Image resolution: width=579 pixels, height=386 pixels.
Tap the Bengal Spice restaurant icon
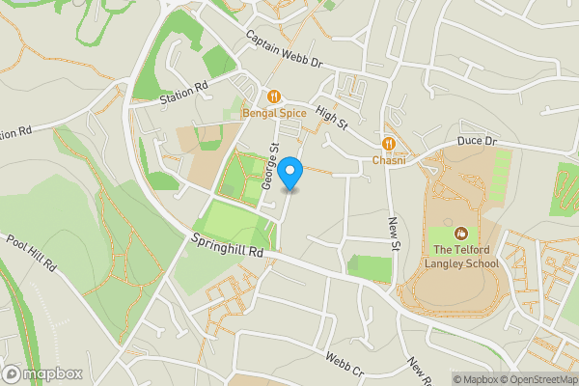[274, 96]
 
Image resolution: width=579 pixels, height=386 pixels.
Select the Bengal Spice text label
[274, 115]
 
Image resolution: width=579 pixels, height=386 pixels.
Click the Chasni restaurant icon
[390, 143]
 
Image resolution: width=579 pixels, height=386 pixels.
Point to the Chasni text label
[390, 160]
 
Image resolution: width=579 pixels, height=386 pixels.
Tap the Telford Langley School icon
[461, 233]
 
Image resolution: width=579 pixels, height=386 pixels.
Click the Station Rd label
[184, 93]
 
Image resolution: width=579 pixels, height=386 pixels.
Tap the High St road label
[330, 120]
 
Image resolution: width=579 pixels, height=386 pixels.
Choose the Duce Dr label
[477, 141]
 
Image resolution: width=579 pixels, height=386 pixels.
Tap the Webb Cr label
[344, 365]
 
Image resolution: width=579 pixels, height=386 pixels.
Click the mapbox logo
[42, 373]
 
